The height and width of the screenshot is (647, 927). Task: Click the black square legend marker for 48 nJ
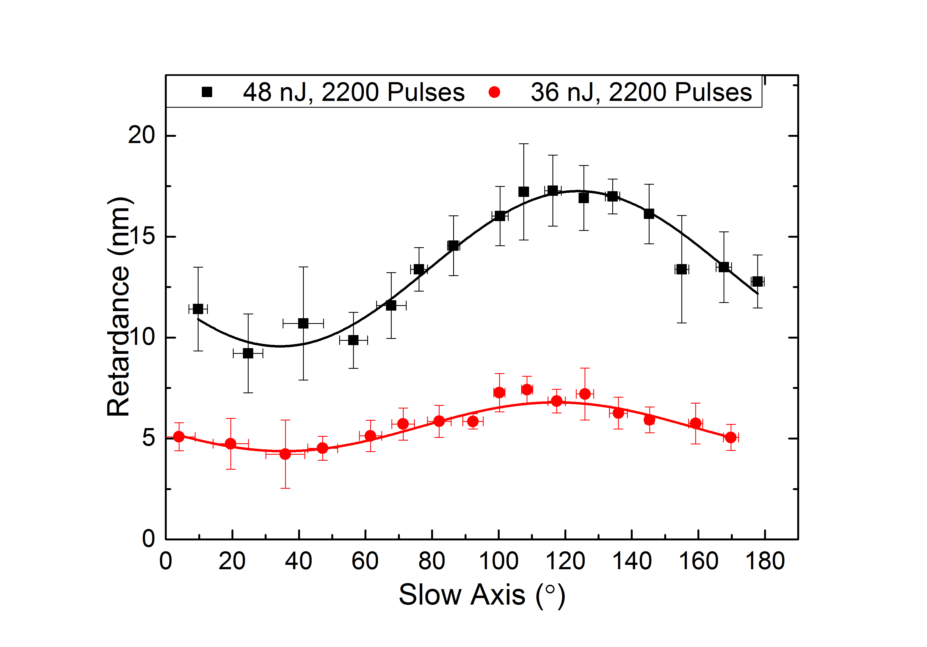click(x=207, y=92)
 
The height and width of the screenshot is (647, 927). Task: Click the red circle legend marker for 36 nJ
click(x=494, y=92)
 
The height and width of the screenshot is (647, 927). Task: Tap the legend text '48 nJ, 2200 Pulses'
click(x=354, y=92)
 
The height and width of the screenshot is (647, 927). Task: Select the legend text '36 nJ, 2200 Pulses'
click(x=641, y=92)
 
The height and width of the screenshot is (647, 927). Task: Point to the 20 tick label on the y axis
click(x=141, y=135)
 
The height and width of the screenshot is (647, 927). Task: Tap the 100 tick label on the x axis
click(x=499, y=561)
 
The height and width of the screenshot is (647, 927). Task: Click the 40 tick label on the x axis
click(x=299, y=561)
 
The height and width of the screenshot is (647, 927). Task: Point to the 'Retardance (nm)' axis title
click(x=118, y=307)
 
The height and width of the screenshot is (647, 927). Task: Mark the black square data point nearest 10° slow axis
click(x=198, y=309)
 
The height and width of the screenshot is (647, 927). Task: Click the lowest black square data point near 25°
click(x=248, y=354)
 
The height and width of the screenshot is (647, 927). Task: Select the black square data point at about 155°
click(x=682, y=269)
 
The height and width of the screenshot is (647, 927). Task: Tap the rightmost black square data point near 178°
click(x=758, y=281)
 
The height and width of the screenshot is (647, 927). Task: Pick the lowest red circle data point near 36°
click(x=285, y=454)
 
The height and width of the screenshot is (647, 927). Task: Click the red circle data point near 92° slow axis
click(x=473, y=421)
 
